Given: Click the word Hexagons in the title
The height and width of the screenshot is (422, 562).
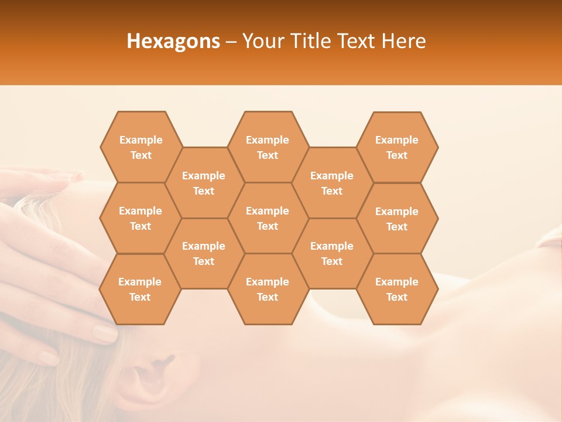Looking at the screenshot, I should point(173,41).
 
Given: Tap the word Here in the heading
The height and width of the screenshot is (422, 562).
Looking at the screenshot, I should point(403,41).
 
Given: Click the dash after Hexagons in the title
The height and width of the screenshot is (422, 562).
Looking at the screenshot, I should point(231,41).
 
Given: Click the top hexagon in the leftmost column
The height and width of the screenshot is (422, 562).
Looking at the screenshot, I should point(141,147).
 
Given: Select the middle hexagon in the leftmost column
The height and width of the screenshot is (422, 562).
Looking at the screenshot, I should point(140,218).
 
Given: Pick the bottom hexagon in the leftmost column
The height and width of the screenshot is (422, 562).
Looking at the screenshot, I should point(140,289).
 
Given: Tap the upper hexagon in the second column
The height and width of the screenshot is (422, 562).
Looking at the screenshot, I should point(204,183).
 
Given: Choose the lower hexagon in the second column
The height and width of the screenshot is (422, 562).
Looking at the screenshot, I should point(204,253).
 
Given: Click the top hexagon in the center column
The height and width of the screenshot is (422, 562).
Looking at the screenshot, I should point(268,147).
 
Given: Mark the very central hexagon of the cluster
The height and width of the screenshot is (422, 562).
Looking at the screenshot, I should point(268,218).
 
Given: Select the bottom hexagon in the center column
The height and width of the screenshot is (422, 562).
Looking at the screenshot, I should point(268,289).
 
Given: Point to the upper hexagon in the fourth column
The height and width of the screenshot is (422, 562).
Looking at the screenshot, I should point(332,183).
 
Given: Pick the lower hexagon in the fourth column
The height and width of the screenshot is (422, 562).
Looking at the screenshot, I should point(332,253).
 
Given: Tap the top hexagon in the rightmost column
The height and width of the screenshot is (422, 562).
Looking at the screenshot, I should point(397,147).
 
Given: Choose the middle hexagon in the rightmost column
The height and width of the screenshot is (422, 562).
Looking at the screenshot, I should point(397,219).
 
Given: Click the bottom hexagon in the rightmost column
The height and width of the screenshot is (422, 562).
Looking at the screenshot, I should point(397,289).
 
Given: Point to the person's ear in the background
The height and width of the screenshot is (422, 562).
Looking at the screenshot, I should point(149,375).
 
